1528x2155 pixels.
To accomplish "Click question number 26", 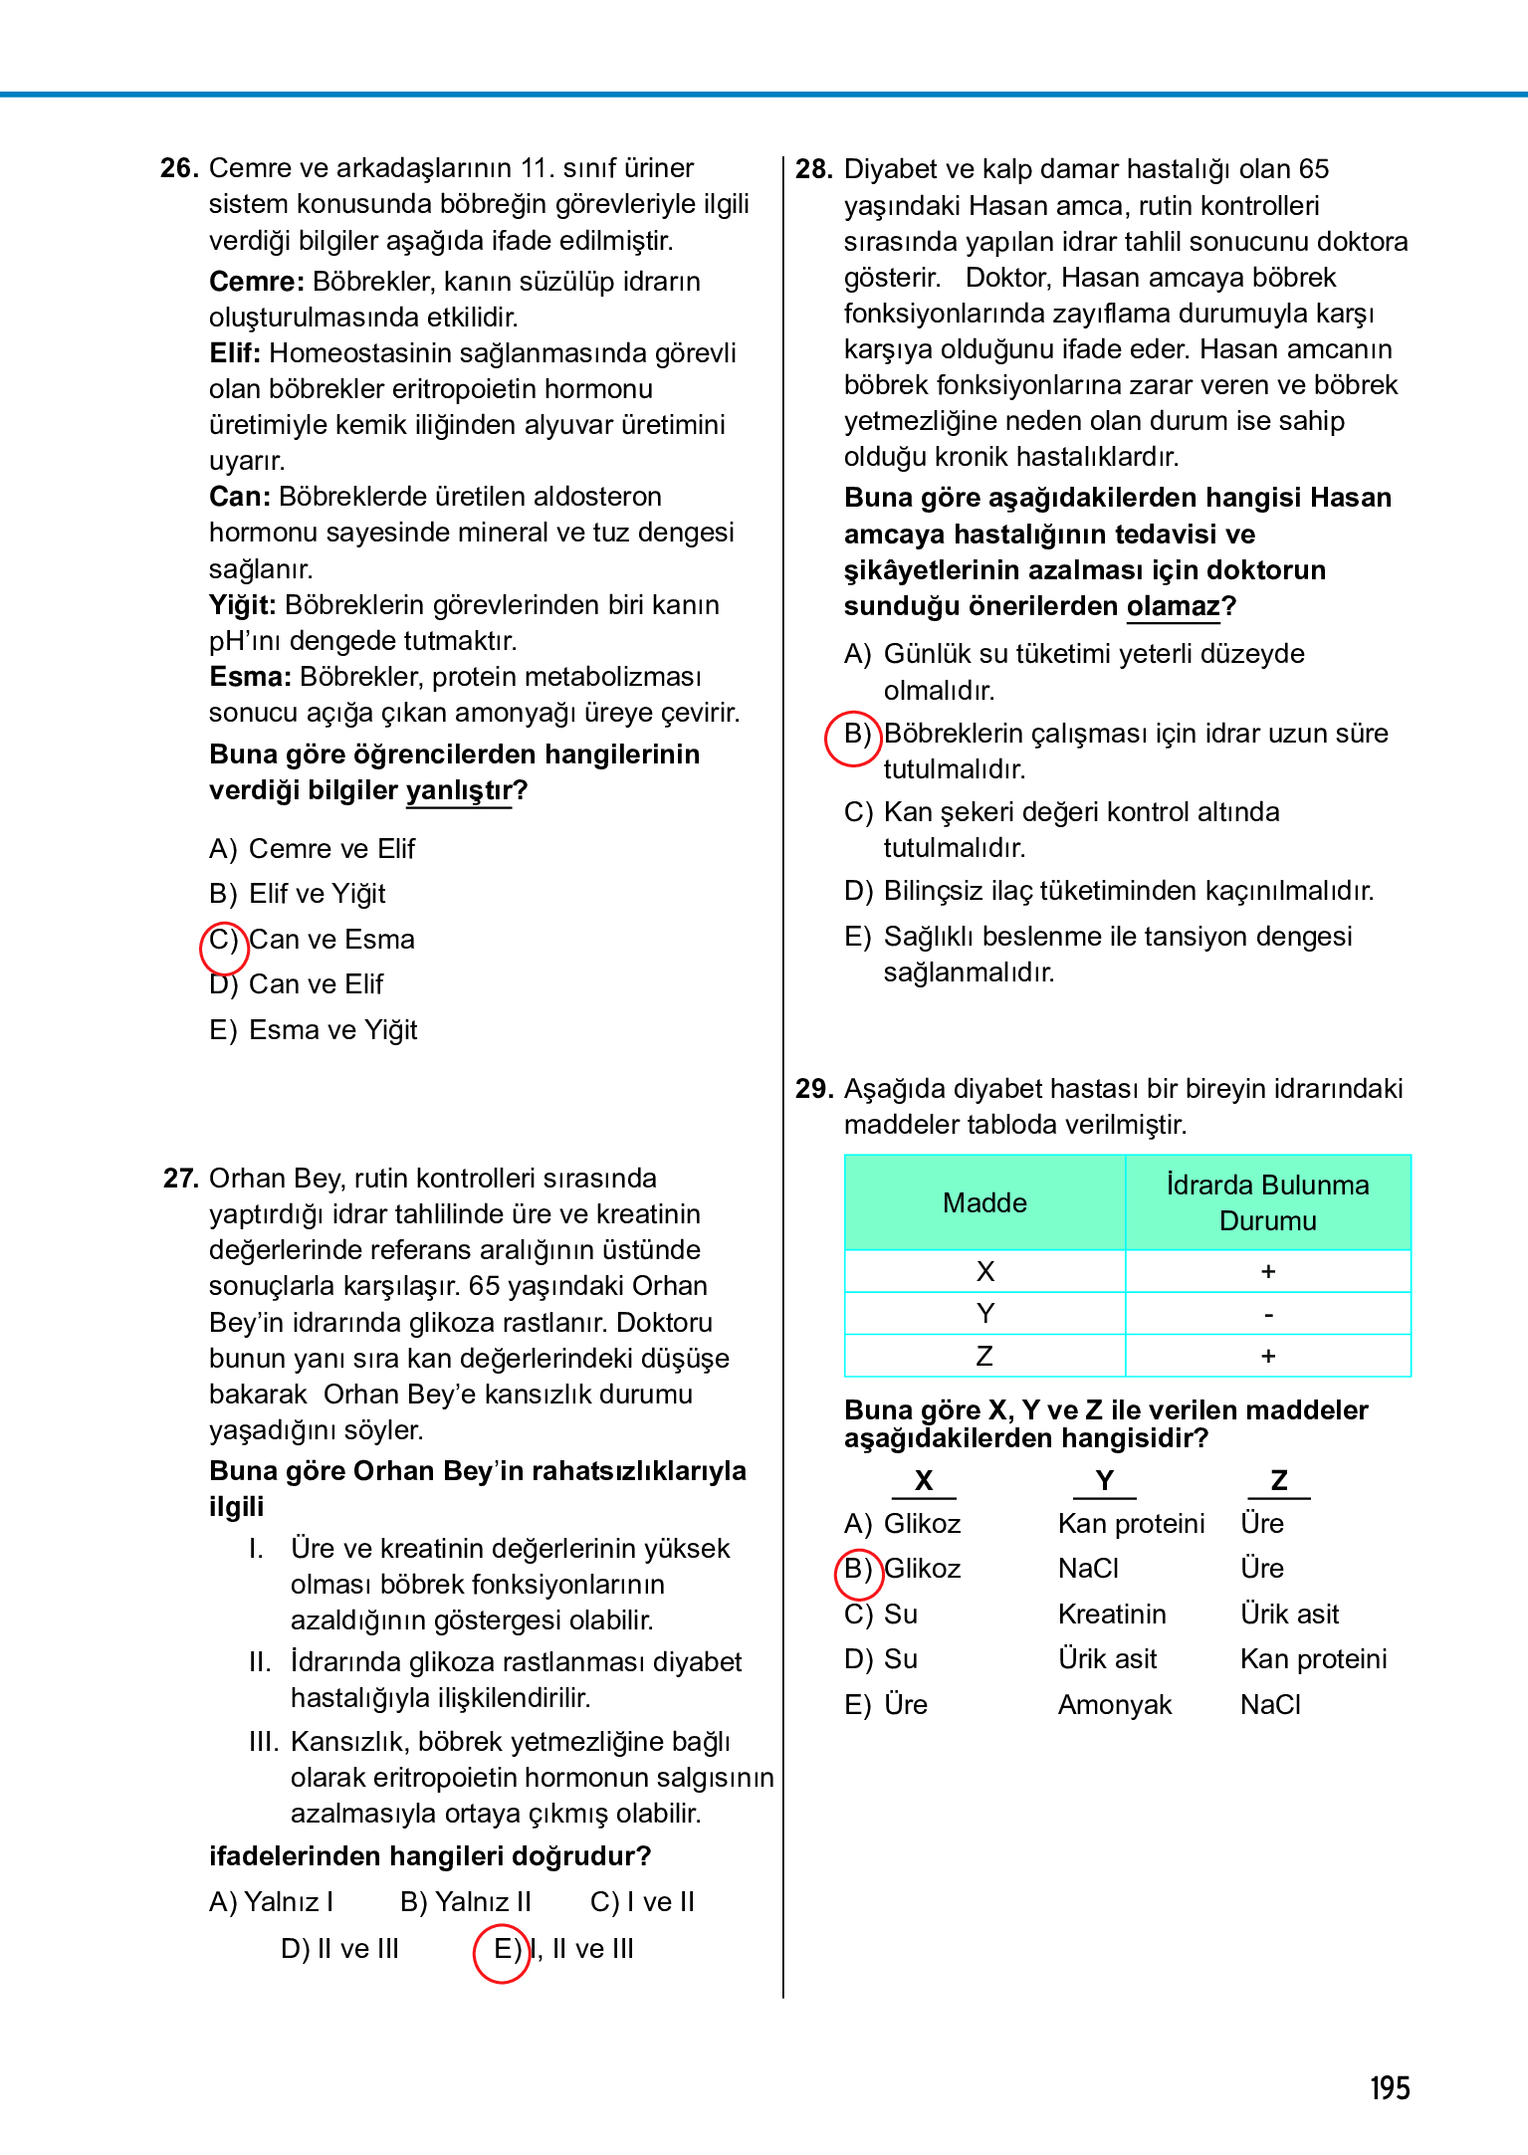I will point(179,168).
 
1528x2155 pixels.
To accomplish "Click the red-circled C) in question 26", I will point(224,940).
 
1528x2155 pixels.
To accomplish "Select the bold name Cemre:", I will point(256,282).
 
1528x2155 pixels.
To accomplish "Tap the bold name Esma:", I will point(250,677).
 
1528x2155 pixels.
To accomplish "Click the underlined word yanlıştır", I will point(458,790).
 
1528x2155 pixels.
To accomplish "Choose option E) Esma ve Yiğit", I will point(314,1030).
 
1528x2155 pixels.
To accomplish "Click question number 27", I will point(181,1179).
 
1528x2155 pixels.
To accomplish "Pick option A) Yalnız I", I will point(272,1902).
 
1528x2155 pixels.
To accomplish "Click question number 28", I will point(813,169).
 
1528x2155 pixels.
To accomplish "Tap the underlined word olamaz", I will point(1173,606).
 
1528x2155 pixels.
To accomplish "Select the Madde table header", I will point(984,1202).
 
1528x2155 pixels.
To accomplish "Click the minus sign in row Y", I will point(1268,1314).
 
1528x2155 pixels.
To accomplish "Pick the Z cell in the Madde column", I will point(984,1356).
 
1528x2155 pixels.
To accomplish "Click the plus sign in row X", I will point(1268,1271).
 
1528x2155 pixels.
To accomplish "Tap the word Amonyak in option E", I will point(1115,1705).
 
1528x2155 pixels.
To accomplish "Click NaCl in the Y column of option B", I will point(1088,1569).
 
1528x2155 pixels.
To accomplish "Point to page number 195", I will point(1390,2088).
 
